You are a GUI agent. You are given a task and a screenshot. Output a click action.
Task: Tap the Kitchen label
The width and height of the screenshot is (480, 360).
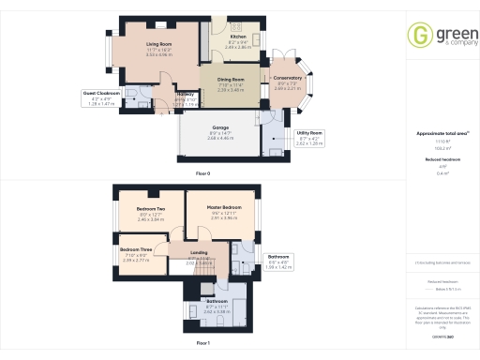[239, 37]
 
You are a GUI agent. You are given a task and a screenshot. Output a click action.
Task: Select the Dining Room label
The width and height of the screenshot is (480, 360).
[232, 80]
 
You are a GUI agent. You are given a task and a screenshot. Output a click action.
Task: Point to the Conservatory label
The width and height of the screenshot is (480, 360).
[288, 78]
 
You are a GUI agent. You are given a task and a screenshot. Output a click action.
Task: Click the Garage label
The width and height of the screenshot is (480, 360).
[220, 127]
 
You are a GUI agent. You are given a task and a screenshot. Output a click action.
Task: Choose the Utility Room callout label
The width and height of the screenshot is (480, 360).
[309, 134]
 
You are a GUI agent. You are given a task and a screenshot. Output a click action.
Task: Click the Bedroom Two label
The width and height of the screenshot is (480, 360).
[151, 208]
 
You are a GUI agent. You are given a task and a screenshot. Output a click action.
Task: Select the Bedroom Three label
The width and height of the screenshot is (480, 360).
[137, 248]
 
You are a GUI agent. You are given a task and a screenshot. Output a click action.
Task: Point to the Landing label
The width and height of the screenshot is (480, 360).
[198, 253]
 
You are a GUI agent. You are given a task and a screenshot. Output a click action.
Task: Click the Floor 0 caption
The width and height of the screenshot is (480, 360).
[202, 174]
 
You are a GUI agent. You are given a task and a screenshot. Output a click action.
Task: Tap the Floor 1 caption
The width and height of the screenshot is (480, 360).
[202, 344]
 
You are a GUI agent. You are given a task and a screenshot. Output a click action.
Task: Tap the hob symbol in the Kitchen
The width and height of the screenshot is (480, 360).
[236, 23]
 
